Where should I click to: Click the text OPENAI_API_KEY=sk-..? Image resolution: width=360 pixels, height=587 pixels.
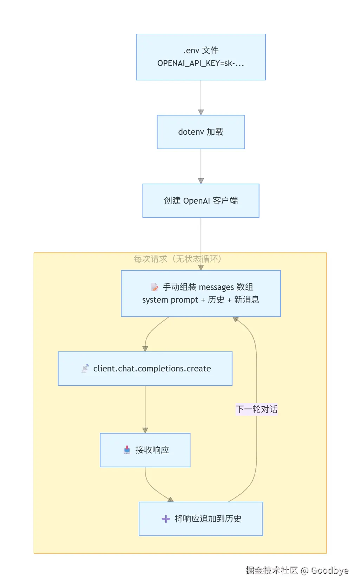(201, 63)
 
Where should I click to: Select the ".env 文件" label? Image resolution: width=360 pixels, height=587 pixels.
(201, 50)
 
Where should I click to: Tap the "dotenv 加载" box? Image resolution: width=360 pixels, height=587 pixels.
(201, 132)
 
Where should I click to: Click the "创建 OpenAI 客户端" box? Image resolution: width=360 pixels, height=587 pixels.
(201, 201)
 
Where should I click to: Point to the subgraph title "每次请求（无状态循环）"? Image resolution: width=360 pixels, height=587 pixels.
(177, 259)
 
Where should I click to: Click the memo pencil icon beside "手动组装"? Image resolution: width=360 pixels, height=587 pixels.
(155, 287)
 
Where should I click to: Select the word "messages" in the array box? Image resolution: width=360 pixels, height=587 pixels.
(216, 287)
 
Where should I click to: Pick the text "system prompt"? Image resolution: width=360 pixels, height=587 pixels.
(170, 300)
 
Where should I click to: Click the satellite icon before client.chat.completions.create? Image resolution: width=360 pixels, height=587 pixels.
(85, 368)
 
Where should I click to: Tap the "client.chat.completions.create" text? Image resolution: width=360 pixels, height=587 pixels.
(152, 368)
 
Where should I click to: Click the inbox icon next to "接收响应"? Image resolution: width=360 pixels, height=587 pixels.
(127, 450)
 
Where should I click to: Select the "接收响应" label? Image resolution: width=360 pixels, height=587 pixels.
(152, 450)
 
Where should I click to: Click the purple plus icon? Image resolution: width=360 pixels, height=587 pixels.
(166, 519)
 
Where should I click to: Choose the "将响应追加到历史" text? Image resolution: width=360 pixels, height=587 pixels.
(208, 519)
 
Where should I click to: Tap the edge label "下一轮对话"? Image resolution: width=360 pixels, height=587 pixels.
(257, 409)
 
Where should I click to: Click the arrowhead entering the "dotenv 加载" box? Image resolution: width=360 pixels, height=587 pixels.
(201, 112)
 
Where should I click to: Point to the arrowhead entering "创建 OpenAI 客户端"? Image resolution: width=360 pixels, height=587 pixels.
(201, 181)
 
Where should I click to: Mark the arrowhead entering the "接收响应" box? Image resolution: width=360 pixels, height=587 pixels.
(145, 430)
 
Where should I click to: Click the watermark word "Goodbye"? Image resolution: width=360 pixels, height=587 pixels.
(329, 570)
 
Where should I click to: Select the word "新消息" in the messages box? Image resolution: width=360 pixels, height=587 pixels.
(247, 299)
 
